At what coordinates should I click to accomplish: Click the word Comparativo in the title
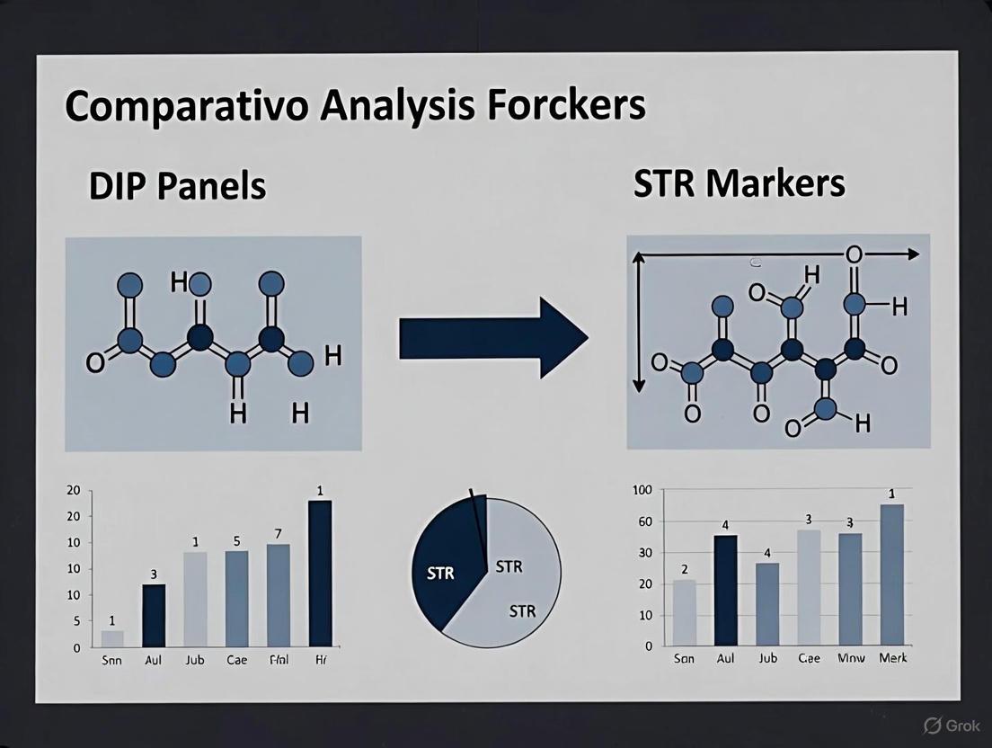click(186, 106)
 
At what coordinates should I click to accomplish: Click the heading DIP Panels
click(177, 185)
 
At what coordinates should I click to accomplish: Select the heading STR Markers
click(739, 183)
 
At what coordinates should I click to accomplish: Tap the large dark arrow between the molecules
click(492, 339)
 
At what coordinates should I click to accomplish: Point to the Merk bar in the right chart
click(891, 574)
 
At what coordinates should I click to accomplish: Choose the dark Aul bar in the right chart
click(725, 590)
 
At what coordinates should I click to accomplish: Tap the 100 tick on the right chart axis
click(642, 490)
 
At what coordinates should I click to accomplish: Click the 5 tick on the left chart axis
click(76, 621)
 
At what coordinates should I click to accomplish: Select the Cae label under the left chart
click(236, 660)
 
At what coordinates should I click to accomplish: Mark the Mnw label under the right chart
click(851, 658)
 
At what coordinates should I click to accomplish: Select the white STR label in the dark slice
click(440, 574)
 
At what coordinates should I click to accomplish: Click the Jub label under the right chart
click(767, 658)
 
